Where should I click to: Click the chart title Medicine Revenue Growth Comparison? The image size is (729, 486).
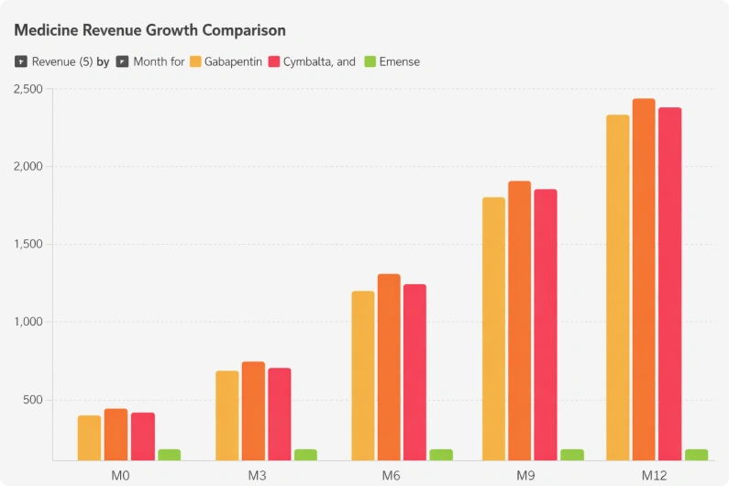(x=149, y=30)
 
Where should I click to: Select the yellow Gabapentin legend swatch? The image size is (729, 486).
(x=195, y=61)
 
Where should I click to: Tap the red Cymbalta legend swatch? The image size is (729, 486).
(x=274, y=61)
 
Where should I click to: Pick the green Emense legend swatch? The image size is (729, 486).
(x=370, y=61)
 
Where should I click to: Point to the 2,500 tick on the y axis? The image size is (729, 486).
(x=28, y=89)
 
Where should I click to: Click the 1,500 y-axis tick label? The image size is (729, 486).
(x=28, y=244)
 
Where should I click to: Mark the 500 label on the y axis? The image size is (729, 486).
(x=33, y=400)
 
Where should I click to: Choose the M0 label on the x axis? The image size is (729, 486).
(x=120, y=476)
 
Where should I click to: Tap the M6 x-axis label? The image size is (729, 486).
(x=391, y=476)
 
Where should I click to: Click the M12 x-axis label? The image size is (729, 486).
(x=654, y=476)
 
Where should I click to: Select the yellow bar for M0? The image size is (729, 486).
(x=89, y=438)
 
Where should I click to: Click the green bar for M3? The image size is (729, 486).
(x=305, y=455)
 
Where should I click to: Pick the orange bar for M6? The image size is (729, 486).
(x=389, y=368)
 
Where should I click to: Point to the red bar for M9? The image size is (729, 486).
(x=546, y=326)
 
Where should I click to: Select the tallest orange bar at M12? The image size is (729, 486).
(x=644, y=280)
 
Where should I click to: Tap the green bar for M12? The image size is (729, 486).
(x=697, y=455)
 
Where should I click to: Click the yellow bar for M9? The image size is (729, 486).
(x=493, y=329)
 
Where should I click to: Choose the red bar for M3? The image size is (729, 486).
(x=280, y=414)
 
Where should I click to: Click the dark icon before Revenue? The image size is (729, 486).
(x=21, y=61)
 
